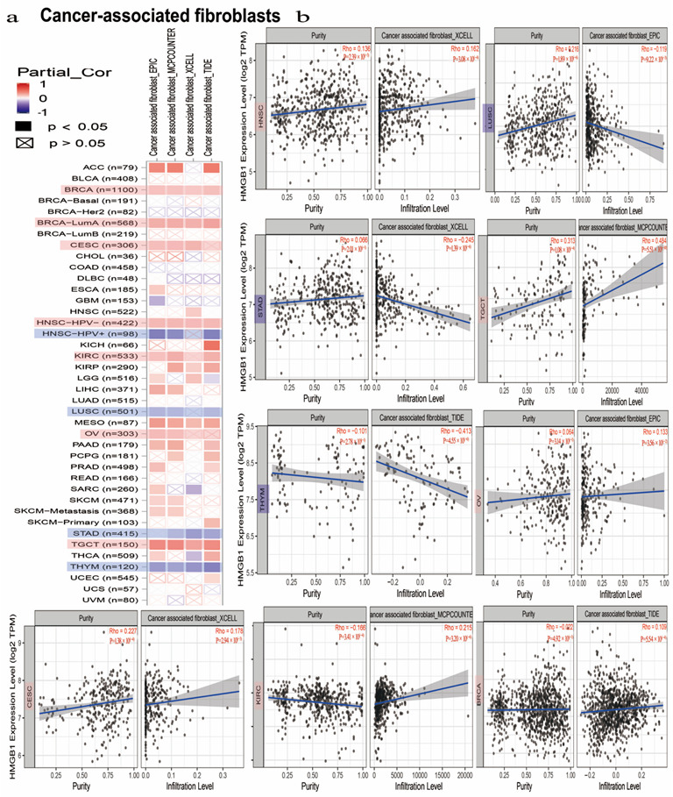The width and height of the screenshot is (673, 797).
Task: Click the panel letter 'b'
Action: pos(302,15)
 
